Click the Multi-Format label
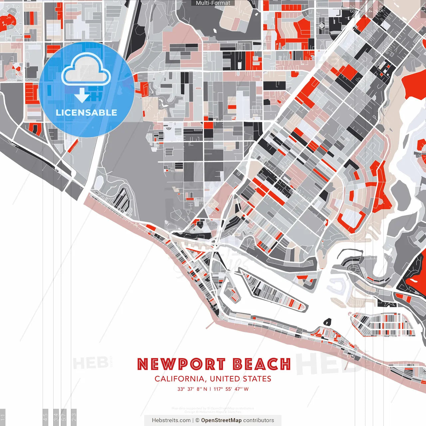pyautogui.click(x=213, y=3)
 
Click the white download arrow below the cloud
pyautogui.click(x=82, y=95)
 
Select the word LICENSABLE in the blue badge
pyautogui.click(x=87, y=112)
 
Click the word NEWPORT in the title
pyautogui.click(x=181, y=364)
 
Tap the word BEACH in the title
pyautogui.click(x=262, y=364)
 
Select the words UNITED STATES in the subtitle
pyautogui.click(x=241, y=379)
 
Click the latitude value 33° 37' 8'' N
pyautogui.click(x=192, y=389)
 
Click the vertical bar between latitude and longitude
pyautogui.click(x=210, y=389)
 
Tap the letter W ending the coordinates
pyautogui.click(x=246, y=389)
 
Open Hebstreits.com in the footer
pyautogui.click(x=171, y=420)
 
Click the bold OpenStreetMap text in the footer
pyautogui.click(x=221, y=420)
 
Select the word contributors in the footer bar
pyautogui.click(x=259, y=420)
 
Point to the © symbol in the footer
pyautogui.click(x=197, y=420)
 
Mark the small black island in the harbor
pyautogui.click(x=327, y=322)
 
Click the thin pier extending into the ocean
pyautogui.click(x=210, y=324)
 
